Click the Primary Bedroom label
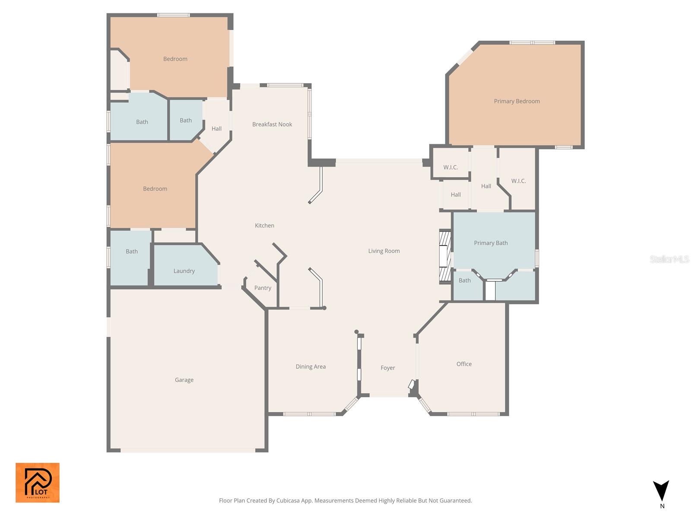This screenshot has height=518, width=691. coord(517,101)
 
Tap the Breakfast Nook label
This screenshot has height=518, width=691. coord(272,124)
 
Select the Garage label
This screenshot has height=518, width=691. coord(184,380)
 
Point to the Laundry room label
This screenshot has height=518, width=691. coord(184,271)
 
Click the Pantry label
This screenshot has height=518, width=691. coord(263,288)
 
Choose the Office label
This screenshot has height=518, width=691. coord(464,364)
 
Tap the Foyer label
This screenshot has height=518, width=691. coord(387,368)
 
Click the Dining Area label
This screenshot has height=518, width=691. coord(311,366)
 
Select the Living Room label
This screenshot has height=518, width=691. coord(384,251)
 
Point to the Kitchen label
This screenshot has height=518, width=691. coord(264,225)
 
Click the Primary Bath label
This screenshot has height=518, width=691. coord(491,243)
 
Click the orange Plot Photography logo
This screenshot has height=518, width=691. coord(38,483)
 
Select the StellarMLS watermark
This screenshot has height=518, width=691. coord(669,259)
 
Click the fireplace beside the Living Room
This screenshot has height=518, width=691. coord(445,257)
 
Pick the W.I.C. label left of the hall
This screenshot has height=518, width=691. coord(450,167)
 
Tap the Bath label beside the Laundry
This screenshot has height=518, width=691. coord(132,251)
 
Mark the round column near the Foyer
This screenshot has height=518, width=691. coord(356,332)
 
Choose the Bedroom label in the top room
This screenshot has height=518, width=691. coord(175,59)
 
